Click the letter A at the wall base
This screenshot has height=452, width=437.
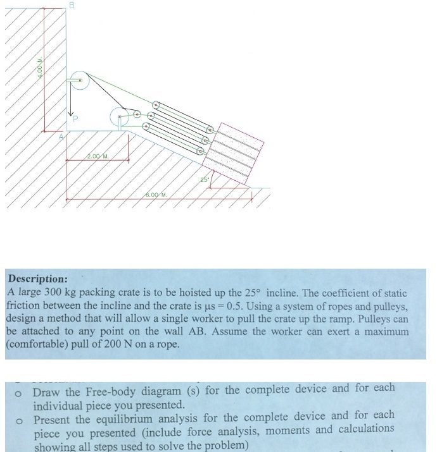[x=61, y=135]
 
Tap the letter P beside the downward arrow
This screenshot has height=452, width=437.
[x=75, y=118]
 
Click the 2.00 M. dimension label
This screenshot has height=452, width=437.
[x=98, y=156]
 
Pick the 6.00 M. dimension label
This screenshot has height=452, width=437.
[x=156, y=195]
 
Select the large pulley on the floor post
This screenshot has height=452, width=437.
[x=120, y=116]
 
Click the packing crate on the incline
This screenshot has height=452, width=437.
[x=237, y=152]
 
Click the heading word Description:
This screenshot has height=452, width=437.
[x=37, y=278]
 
